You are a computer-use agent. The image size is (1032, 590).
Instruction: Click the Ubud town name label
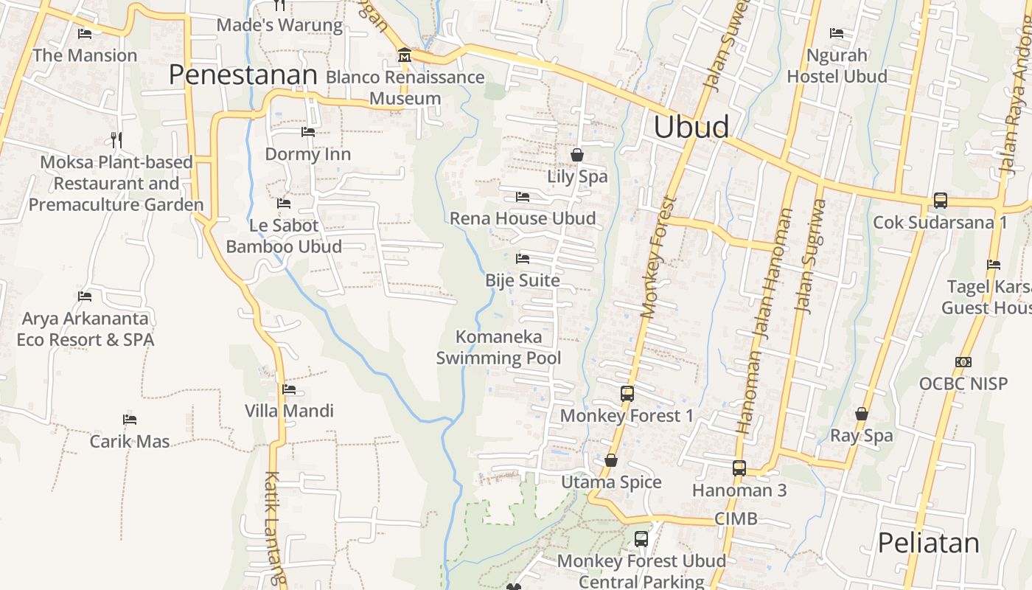tap(691, 127)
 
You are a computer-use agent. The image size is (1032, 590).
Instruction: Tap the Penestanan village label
tap(243, 74)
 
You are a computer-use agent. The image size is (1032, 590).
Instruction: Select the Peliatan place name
tap(928, 543)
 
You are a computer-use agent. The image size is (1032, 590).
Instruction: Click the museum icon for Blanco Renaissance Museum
tap(405, 55)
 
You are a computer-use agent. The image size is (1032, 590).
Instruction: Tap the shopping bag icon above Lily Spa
tap(577, 155)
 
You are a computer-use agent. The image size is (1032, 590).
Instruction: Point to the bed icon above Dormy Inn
tap(308, 132)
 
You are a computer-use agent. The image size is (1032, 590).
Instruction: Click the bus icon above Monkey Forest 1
tap(627, 394)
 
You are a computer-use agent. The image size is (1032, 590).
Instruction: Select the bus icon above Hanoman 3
tap(739, 468)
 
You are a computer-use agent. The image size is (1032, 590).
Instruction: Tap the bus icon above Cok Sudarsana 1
tap(940, 200)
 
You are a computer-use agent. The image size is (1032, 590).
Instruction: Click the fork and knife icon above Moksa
tap(116, 139)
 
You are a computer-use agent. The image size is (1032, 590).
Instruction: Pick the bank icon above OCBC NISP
tap(963, 361)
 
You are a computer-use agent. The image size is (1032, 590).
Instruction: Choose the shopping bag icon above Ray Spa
tap(861, 414)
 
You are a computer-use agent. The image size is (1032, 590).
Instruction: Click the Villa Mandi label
tap(289, 411)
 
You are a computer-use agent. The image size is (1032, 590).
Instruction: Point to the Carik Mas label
tap(130, 442)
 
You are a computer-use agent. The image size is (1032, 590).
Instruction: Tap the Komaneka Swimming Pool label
tap(498, 347)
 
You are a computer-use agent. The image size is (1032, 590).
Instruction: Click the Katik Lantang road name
tap(273, 527)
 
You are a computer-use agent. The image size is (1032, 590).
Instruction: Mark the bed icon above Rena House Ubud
tap(523, 197)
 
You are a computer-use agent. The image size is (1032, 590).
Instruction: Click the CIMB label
tap(736, 518)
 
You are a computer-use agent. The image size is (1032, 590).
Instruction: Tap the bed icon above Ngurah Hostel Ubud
tap(837, 33)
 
